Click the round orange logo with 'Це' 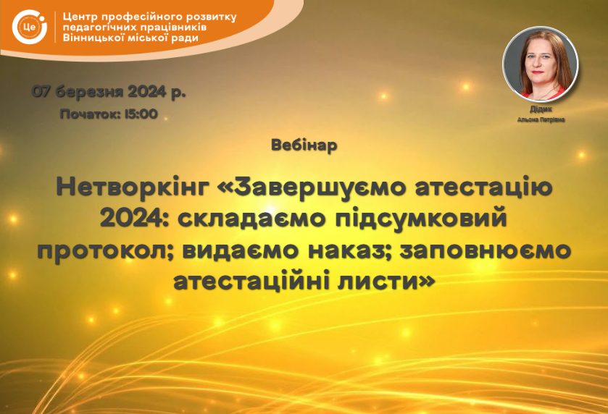30,27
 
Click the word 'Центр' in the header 79,17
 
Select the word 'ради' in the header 185,38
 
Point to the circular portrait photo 541,64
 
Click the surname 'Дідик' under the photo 541,109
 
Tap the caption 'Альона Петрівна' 541,119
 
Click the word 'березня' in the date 91,92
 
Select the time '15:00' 141,114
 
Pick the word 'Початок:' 91,114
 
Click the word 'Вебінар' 304,145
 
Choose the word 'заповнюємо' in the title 486,250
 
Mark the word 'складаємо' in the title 251,219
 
